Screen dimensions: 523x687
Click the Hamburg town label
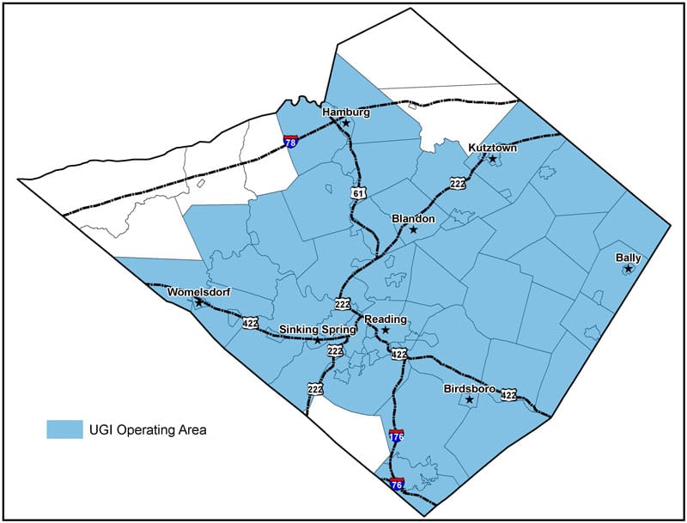coord(345,112)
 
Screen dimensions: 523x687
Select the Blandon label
coord(413,218)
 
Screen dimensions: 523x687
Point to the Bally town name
coord(628,258)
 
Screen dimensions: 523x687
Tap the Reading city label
coord(386,319)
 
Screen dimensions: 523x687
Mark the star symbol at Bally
coord(628,270)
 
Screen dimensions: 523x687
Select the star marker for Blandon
coord(413,230)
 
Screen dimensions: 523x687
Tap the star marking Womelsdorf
coord(199,302)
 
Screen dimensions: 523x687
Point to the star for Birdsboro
coord(469,400)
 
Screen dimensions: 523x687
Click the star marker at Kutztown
coord(493,160)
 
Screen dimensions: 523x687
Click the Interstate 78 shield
coord(291,140)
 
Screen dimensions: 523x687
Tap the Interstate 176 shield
coord(396,436)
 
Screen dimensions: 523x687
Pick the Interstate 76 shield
coord(397,485)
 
